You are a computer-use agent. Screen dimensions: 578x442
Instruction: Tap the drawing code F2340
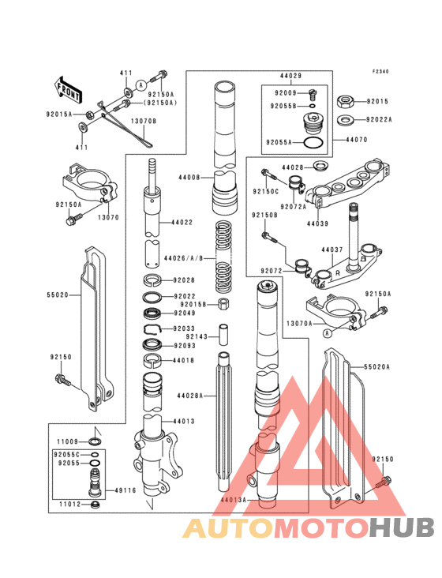point(382,71)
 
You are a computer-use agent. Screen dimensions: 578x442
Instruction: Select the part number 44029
point(290,77)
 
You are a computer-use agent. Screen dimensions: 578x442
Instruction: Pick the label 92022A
point(379,120)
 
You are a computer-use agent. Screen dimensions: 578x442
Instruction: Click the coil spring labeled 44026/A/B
point(226,253)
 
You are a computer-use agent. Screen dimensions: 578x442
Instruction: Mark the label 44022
point(182,223)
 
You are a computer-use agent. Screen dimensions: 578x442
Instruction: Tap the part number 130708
point(143,121)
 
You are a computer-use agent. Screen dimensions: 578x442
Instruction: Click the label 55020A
point(377,367)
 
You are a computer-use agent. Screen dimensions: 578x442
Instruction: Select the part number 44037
point(332,250)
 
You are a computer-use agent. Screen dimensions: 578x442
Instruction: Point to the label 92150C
point(266,191)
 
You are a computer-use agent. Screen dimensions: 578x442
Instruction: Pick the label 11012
point(69,503)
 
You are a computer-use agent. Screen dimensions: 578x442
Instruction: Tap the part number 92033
point(184,328)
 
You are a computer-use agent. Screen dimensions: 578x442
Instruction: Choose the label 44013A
point(234,500)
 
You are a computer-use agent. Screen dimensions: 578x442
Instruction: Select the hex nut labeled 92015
point(344,101)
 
